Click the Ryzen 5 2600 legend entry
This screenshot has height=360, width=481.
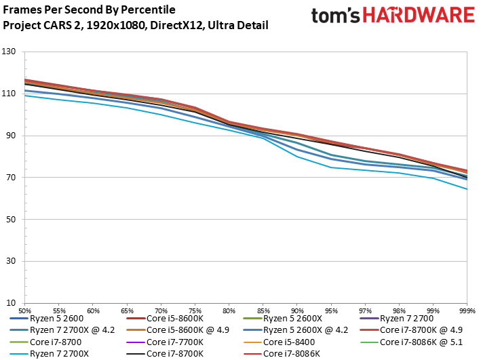click(x=47, y=319)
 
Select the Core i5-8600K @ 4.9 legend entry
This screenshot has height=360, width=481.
click(x=178, y=330)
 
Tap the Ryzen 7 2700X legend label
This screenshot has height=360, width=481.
click(x=59, y=354)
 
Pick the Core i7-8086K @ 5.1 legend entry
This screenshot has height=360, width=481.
click(x=411, y=342)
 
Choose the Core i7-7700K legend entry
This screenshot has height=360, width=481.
click(x=165, y=342)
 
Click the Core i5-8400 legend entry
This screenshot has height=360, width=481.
click(x=279, y=342)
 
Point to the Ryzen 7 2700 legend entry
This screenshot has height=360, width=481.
click(x=397, y=319)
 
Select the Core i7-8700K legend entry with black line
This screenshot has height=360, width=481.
click(x=165, y=354)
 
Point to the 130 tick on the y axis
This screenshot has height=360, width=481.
click(x=9, y=52)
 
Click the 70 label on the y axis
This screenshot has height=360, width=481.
click(x=11, y=177)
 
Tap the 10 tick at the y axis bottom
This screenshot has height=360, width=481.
click(x=11, y=303)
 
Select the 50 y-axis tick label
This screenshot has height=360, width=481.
click(x=11, y=219)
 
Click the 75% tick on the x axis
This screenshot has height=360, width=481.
click(x=195, y=311)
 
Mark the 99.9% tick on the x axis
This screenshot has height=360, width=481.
click(x=467, y=311)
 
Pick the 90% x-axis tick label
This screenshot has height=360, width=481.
click(x=297, y=311)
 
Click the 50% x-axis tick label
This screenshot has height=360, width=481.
click(x=25, y=311)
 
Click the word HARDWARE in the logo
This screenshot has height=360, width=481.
click(x=419, y=15)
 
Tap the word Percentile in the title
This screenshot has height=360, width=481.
click(x=148, y=10)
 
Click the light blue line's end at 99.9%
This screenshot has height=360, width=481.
click(x=467, y=189)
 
